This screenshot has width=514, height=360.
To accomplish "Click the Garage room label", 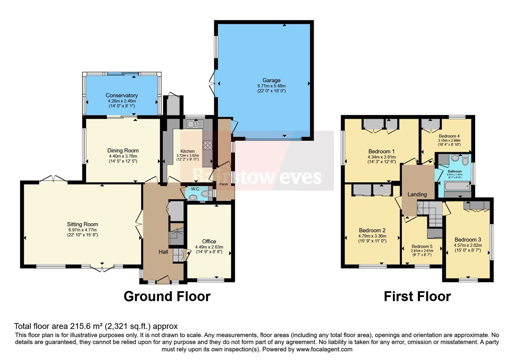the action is pos(271,80).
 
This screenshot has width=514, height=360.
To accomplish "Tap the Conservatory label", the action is pos(122,95).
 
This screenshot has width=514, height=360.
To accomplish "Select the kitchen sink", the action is pos(195,124).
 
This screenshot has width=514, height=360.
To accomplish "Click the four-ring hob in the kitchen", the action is pos(208,145).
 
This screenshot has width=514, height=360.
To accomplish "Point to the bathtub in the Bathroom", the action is pos(457,186).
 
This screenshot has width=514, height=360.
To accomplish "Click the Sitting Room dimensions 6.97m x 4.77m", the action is pos(82,230).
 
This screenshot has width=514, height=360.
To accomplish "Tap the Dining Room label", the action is pos(123,150).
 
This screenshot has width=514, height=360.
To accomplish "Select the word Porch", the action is pos(224,184).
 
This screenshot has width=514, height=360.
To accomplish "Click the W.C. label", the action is pos(196,189).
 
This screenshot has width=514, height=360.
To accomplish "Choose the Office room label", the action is pos(209,241).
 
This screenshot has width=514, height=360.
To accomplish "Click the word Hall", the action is pos(163,252).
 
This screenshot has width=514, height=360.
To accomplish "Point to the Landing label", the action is pos(417,194).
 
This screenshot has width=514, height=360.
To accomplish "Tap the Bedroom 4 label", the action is pos(449,136).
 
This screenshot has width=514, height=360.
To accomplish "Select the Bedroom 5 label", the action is pos(422,246).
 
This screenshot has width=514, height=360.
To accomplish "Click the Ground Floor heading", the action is pos(167,296).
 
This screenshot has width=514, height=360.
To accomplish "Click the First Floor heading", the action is pos(417,296).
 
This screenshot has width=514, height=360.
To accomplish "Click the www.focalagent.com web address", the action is pos(324,349).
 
